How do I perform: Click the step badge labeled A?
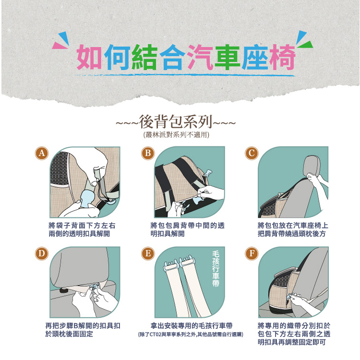click(42, 153)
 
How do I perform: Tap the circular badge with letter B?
click(148, 153)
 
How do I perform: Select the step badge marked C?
click(252, 153)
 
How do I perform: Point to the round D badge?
click(42, 253)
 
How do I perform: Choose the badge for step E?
click(148, 253)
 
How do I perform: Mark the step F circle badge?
click(252, 253)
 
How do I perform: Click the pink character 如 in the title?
click(89, 57)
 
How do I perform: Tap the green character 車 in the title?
click(228, 58)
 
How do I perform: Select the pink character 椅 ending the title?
click(282, 57)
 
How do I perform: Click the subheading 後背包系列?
click(176, 122)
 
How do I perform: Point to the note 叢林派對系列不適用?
click(176, 135)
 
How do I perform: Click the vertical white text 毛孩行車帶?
click(216, 268)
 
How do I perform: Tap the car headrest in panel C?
click(312, 166)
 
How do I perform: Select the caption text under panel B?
click(187, 229)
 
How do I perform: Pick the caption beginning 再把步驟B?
click(83, 330)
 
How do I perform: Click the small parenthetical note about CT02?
click(191, 335)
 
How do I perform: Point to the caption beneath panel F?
click(294, 334)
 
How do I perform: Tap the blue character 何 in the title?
click(117, 57)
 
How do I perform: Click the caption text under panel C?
click(293, 229)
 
